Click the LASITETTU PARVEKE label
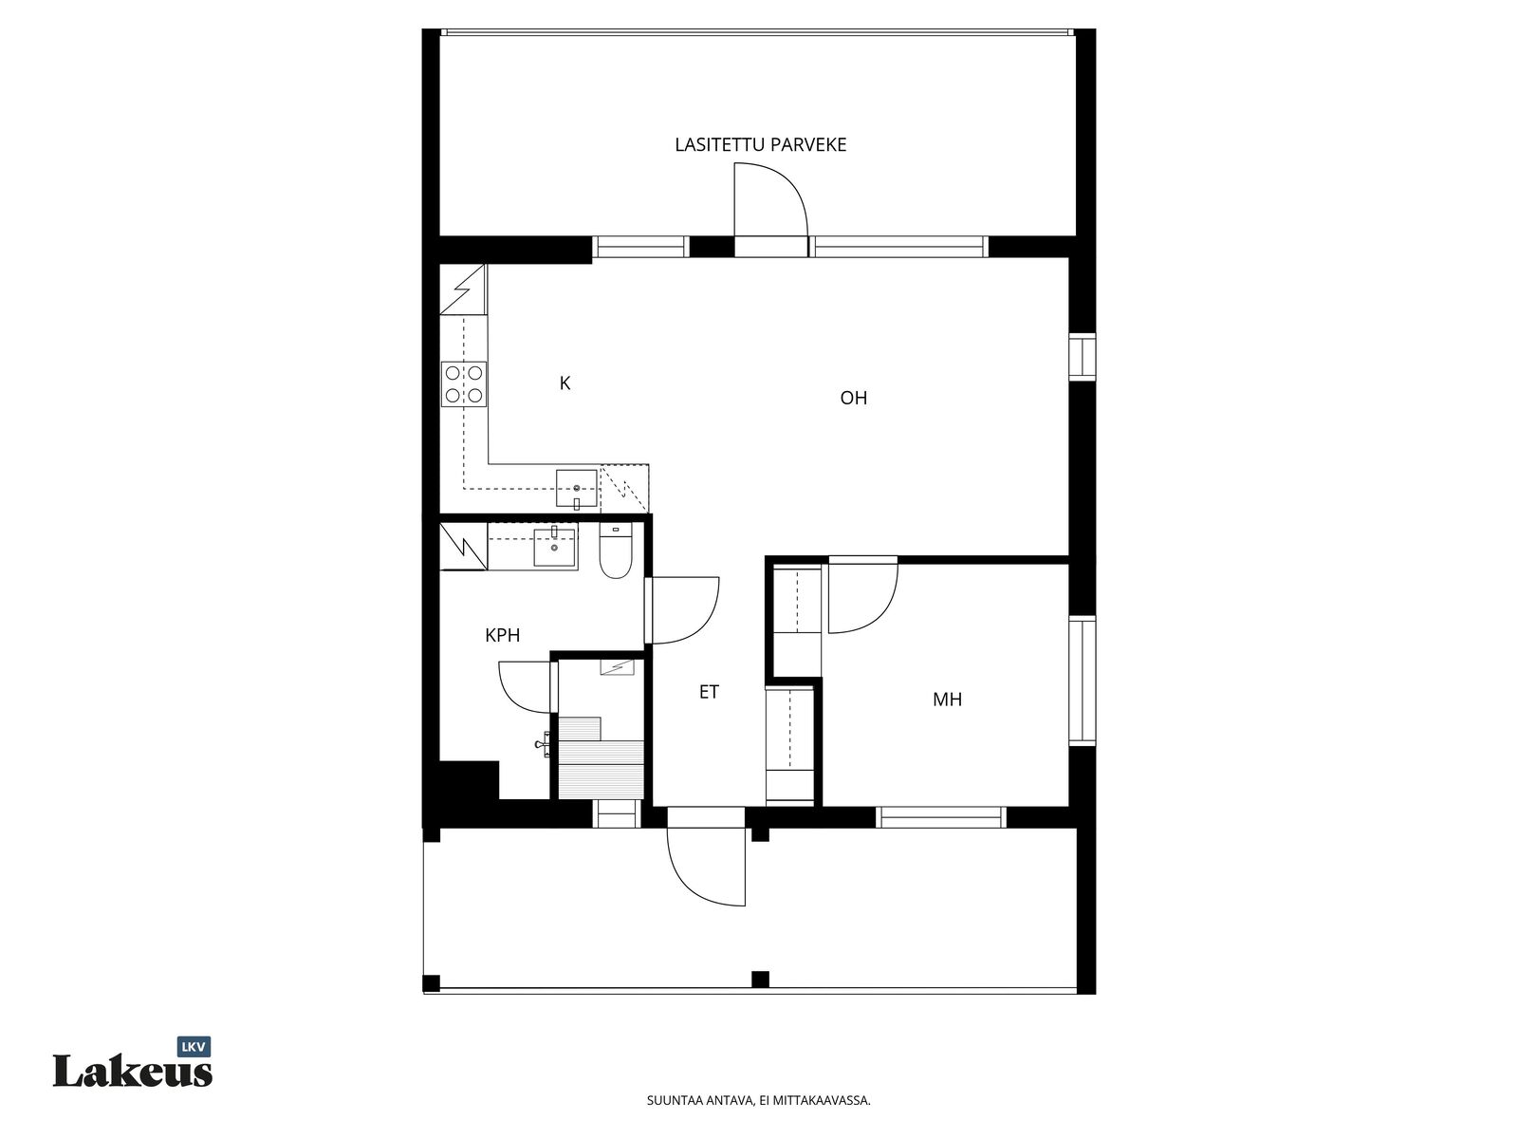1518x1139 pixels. point(760,144)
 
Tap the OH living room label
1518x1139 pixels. point(853,398)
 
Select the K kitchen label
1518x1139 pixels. point(565,383)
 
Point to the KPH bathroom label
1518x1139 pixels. point(502,635)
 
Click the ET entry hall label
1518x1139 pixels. point(709,692)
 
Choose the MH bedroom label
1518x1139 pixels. point(947,700)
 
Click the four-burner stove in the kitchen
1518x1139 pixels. point(464,383)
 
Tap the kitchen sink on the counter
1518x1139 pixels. point(576,489)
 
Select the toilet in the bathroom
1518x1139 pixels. point(616,551)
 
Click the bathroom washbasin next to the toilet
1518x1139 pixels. point(555,549)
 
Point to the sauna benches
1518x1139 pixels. point(601,758)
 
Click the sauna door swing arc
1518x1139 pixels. point(513,697)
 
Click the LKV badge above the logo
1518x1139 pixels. point(194,1046)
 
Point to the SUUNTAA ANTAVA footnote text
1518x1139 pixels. point(759,1120)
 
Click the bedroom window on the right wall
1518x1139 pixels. point(1083,681)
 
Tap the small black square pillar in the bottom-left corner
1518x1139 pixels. point(431,982)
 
